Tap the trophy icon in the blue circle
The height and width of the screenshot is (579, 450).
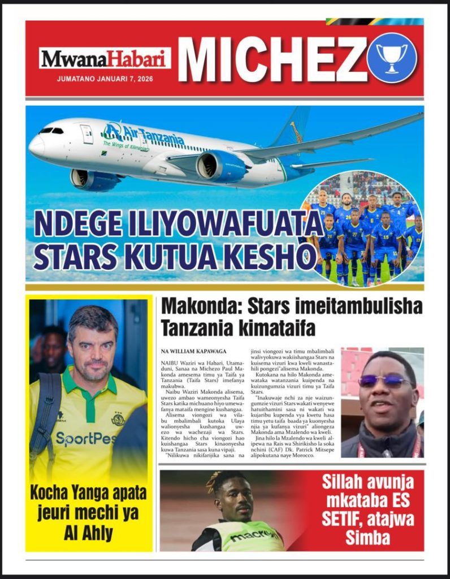coord(392,58)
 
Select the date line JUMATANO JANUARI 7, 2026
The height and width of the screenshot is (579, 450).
coord(105,79)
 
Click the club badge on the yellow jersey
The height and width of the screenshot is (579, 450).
coord(118,419)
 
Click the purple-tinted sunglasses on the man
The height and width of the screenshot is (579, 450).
coord(384,381)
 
